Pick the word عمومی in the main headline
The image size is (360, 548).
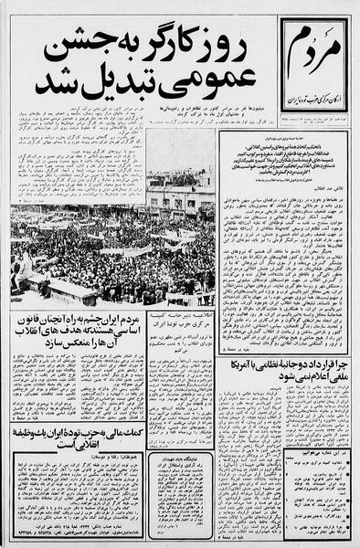point(211,87)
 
